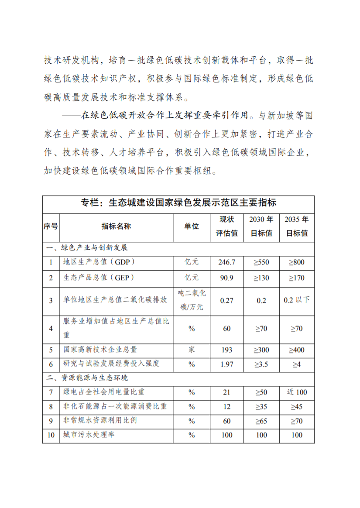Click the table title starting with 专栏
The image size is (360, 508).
click(x=178, y=203)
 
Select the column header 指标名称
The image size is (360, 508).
click(x=116, y=227)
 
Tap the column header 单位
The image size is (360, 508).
click(x=191, y=227)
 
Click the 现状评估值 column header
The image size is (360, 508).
click(x=227, y=227)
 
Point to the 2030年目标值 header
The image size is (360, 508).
click(x=261, y=227)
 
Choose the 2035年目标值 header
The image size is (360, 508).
click(x=297, y=227)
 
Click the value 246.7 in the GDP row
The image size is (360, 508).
click(x=227, y=262)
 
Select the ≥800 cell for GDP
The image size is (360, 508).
click(x=297, y=262)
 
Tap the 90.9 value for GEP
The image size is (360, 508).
click(x=227, y=278)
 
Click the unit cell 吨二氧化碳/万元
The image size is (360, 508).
click(x=191, y=300)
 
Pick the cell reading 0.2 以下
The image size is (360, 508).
click(x=297, y=300)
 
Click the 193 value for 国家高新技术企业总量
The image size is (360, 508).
click(x=227, y=350)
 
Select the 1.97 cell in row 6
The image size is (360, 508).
click(x=227, y=364)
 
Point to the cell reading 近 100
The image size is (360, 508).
click(x=297, y=392)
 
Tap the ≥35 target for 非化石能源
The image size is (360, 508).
click(x=261, y=407)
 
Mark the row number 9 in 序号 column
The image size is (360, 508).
click(x=51, y=421)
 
